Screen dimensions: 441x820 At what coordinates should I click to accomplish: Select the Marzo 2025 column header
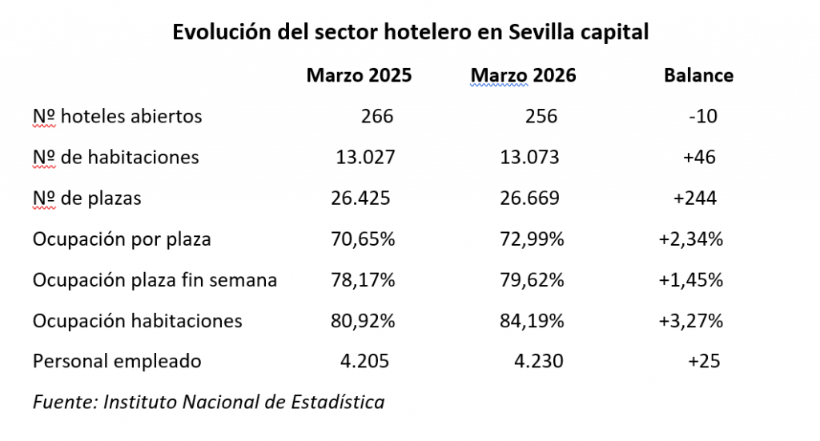359,76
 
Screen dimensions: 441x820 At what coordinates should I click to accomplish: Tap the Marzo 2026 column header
523,76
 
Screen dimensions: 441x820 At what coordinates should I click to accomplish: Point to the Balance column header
698,76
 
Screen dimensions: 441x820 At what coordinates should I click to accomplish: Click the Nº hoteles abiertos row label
117,117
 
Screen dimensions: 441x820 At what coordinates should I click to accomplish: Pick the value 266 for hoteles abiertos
377,117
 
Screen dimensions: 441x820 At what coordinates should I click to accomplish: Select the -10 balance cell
702,117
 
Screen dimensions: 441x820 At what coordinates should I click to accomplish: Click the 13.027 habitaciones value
365,158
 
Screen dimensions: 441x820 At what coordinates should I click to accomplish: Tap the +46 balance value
699,158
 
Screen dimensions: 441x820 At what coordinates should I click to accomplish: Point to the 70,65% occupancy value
363,239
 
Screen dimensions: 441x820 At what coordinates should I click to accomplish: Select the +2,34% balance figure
690,239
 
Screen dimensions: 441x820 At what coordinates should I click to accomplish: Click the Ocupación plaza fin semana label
155,280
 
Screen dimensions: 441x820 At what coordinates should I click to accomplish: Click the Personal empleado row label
117,362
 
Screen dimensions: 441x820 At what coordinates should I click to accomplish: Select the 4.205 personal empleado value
365,362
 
